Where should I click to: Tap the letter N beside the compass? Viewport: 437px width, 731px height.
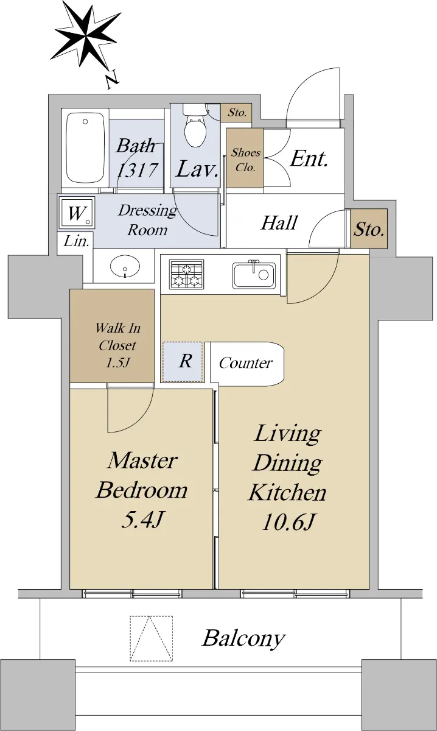coord(113,79)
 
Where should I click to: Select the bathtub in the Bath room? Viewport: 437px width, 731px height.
coord(85,148)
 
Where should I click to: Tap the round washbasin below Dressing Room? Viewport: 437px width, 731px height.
coord(125,266)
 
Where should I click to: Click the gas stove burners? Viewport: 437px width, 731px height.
coord(186,274)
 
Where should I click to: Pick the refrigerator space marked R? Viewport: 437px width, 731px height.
coord(183,362)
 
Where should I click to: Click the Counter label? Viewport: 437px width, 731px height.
coord(245,363)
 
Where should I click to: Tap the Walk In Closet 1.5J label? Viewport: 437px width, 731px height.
coord(117,345)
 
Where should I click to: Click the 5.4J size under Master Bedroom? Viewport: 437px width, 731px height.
coord(142,520)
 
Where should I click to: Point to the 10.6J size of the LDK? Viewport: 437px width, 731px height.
coord(287,522)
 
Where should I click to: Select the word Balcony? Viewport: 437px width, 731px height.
coord(243,638)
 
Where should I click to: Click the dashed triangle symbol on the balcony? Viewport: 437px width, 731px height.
coord(152,638)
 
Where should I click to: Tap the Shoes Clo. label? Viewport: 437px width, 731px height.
coord(245,160)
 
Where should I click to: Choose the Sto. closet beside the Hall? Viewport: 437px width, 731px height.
coord(369,228)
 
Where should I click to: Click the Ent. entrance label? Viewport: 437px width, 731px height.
coord(309,159)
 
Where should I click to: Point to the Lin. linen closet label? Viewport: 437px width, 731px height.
coord(76,241)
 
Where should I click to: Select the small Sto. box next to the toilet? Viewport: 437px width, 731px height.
coord(236,113)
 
